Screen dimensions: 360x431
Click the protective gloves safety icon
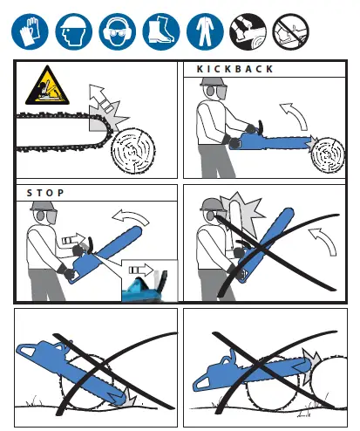coord(30,31)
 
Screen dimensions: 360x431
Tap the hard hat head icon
coord(74,31)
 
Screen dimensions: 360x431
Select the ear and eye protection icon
coord(118,31)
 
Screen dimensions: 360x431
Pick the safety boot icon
coord(161,31)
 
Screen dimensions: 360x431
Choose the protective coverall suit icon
coord(205,31)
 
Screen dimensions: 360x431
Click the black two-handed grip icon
coord(248,31)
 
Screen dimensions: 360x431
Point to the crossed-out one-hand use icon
coord(291,31)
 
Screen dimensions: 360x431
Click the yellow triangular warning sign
coord(47,86)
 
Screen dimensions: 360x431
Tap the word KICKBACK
coord(235,69)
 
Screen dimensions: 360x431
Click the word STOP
coord(45,193)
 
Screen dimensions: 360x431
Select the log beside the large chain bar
coord(133,151)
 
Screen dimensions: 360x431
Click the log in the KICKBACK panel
coord(328,155)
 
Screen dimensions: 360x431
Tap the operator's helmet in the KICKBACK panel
coord(213,82)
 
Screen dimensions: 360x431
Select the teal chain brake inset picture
coord(149,281)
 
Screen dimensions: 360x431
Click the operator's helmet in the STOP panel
coord(44,206)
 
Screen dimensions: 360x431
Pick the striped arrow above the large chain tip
coord(100,99)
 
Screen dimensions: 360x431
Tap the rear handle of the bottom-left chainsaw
coord(27,351)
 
